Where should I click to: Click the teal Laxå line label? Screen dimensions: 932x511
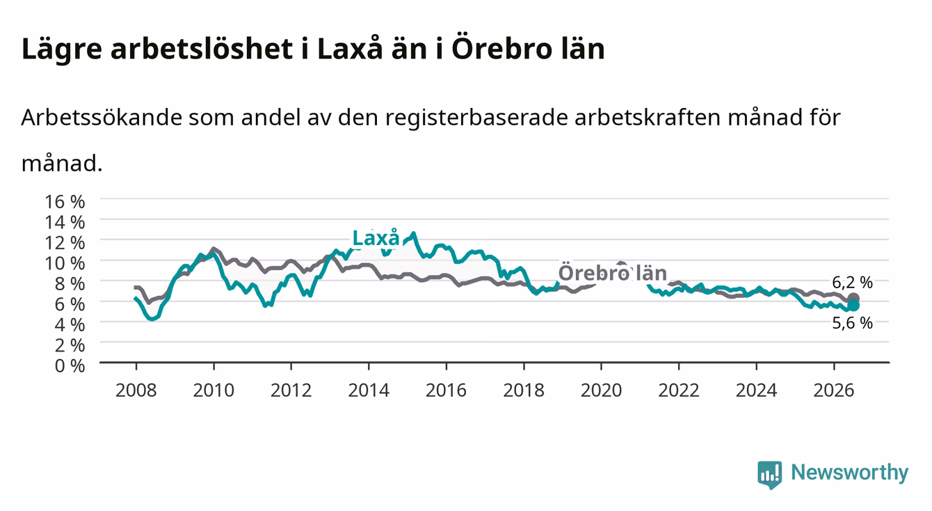376,238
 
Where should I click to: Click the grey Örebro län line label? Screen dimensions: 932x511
612,273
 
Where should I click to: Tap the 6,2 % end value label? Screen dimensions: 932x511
852,283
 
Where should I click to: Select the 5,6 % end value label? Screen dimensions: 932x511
852,323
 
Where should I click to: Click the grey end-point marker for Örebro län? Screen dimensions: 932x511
853,298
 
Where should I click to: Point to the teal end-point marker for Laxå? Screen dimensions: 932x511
853,306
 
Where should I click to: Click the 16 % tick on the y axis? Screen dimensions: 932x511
65,202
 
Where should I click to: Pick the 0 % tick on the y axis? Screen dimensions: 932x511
70,365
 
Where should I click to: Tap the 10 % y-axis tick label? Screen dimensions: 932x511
65,263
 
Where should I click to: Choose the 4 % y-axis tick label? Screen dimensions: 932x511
70,324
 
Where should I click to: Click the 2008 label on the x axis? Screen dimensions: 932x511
136,391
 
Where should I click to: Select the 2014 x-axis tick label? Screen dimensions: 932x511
368,391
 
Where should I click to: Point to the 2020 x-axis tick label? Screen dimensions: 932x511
601,391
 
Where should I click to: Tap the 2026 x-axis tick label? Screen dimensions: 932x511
833,391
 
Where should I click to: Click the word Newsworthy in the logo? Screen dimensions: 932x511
850,472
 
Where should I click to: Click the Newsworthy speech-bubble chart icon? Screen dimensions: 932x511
770,475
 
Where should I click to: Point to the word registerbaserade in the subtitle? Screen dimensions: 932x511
476,118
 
